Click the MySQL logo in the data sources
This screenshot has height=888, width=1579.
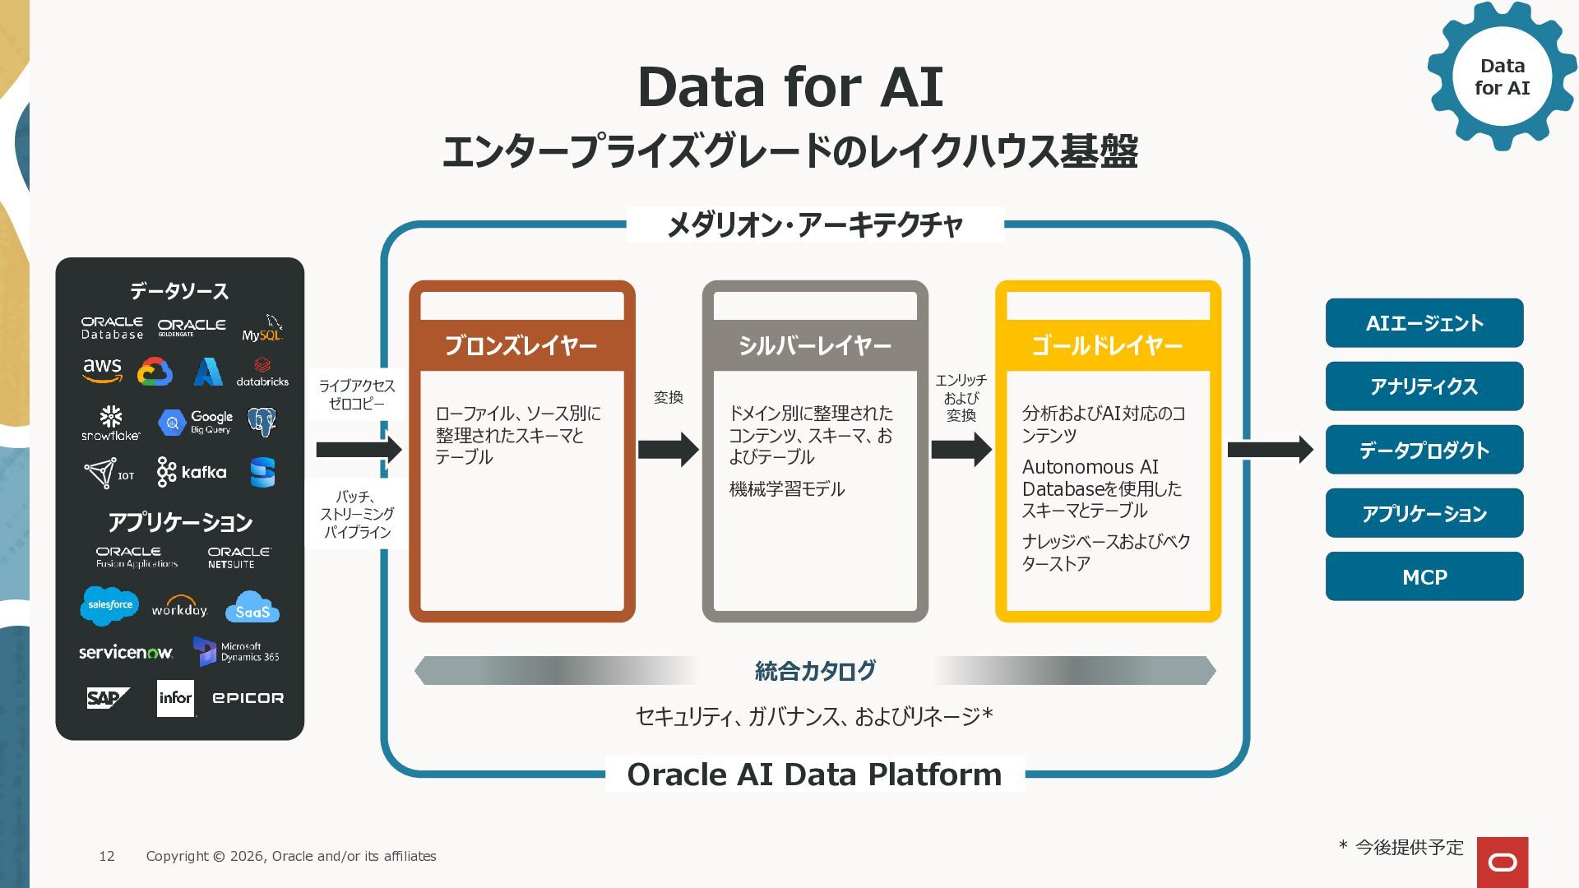tap(262, 328)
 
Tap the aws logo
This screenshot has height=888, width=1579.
tap(103, 370)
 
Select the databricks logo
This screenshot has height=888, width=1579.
tap(262, 372)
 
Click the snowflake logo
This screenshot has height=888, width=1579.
tap(111, 423)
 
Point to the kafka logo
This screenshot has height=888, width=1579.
tap(192, 472)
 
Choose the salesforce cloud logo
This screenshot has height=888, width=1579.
tap(109, 605)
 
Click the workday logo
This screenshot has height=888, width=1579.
tap(179, 607)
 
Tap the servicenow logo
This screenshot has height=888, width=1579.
tap(126, 652)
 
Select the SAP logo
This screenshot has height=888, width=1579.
tap(108, 698)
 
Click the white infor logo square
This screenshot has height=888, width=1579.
tap(175, 698)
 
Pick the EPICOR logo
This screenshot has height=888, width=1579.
tap(248, 698)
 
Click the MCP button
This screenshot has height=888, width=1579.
tap(1424, 576)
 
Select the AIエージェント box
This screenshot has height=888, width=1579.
tap(1424, 323)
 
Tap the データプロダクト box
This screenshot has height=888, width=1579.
tap(1424, 450)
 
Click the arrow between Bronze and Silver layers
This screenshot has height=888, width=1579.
tap(668, 449)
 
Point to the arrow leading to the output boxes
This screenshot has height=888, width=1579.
tap(1270, 449)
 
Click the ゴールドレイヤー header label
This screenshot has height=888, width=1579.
tap(1107, 345)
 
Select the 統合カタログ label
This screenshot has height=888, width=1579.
tap(815, 671)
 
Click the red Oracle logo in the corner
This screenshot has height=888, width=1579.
tap(1502, 862)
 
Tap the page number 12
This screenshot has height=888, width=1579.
tap(107, 856)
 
